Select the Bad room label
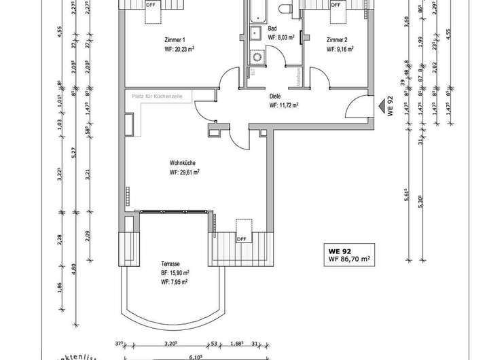coord(272,29)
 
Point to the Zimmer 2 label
coord(337,39)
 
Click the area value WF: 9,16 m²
coord(340,49)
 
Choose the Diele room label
coord(276,96)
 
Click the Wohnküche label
coord(183,163)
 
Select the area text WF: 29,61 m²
coord(184,173)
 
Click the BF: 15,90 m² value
coord(175,272)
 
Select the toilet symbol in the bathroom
coord(283,8)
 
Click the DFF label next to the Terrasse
coord(241,238)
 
